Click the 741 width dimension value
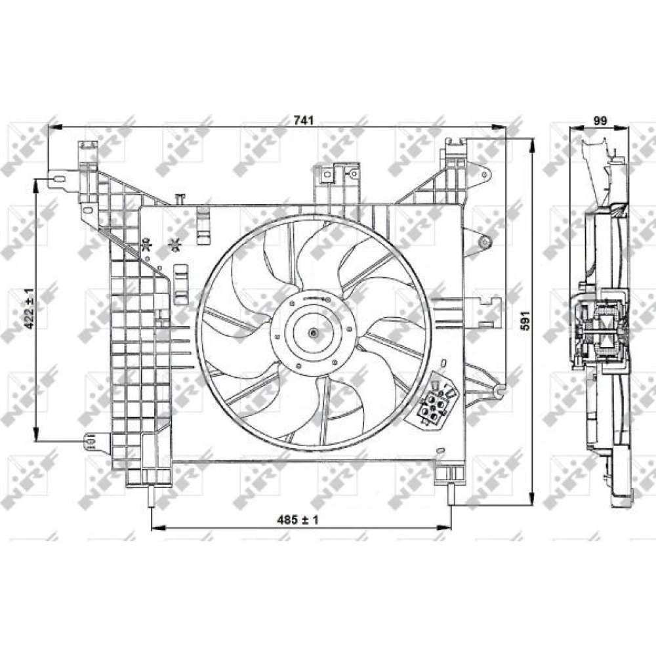(x=304, y=121)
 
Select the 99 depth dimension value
(x=600, y=121)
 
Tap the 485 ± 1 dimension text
(x=297, y=520)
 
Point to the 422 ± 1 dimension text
(x=30, y=308)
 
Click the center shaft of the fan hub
(x=313, y=333)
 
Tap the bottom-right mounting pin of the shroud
(x=451, y=494)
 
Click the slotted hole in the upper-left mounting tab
(x=58, y=180)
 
